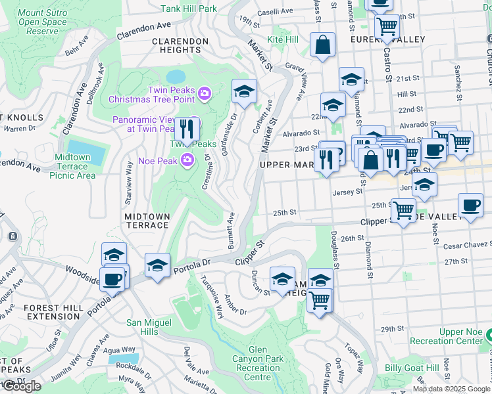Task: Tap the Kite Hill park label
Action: click(283, 40)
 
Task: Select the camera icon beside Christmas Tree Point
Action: click(205, 93)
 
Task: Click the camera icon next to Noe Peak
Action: click(188, 160)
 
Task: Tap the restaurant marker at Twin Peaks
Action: click(188, 129)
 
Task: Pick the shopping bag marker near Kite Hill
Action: click(322, 45)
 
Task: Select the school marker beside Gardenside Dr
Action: click(244, 92)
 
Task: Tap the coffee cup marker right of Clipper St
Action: click(470, 205)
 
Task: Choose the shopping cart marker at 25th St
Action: click(403, 210)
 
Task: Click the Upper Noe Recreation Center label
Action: click(446, 336)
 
